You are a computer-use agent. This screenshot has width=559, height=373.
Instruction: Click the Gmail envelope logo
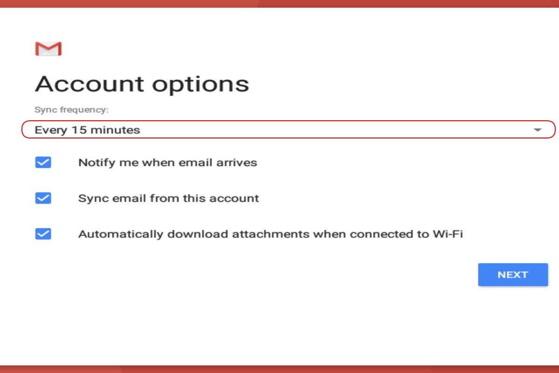pos(48,48)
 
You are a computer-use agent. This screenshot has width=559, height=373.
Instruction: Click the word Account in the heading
pos(89,84)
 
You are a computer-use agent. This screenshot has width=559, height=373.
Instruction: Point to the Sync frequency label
pos(72,110)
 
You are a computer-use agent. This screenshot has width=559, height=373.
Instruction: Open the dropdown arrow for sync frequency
pos(538,130)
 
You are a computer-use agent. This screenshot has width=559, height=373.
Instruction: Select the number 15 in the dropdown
pos(79,130)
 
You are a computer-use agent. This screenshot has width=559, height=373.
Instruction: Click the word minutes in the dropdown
pos(116,130)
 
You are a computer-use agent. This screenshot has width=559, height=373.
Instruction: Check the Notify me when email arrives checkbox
pos(43,162)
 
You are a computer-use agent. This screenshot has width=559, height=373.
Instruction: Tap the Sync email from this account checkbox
pos(43,198)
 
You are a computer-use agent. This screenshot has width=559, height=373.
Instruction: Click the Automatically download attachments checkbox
pos(43,234)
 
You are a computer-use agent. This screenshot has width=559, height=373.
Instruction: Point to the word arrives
pos(237,163)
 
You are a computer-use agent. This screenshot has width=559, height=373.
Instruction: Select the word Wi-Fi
pos(448,234)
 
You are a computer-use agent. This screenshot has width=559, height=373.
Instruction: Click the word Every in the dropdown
pos(51,131)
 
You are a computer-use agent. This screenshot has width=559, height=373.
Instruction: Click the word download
pos(198,235)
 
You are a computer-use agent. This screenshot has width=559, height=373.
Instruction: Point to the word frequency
pos(84,110)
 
